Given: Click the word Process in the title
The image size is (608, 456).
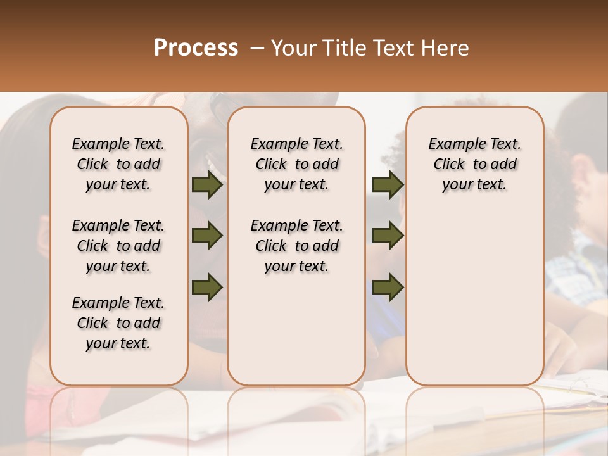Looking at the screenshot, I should pos(195,48).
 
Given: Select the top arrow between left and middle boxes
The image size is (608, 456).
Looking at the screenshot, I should pos(207,184).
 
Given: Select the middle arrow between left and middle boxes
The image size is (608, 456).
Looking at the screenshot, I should pos(207,236).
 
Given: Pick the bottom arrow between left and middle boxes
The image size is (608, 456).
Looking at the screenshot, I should pos(207,287).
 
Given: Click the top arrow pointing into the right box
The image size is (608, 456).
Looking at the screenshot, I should pos(388,184).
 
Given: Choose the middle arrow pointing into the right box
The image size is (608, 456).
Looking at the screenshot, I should pos(388,236).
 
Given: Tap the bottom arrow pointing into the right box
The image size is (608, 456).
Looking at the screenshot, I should pos(388,287).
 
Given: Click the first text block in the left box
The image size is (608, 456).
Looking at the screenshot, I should pos(118,164).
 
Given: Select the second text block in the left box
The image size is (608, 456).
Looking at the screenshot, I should pos(118,246).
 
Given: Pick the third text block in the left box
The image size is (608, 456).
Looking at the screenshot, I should pos(118,323).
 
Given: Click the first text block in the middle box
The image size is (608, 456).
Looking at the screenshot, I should pos(296,164).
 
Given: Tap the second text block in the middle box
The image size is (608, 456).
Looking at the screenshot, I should pos(296,246).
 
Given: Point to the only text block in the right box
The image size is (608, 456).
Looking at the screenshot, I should pos(475,164).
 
